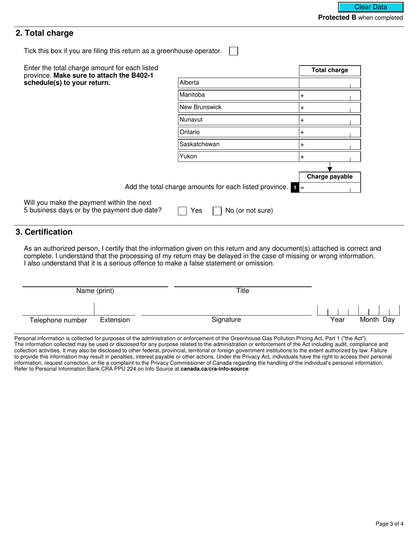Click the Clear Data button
pyautogui.click(x=370, y=7)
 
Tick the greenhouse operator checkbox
pyautogui.click(x=234, y=51)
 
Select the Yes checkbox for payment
pyautogui.click(x=182, y=211)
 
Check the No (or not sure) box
pyautogui.click(x=217, y=211)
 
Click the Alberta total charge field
pyautogui.click(x=330, y=83)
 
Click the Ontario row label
pyautogui.click(x=190, y=132)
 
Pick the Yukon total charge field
pyautogui.click(x=330, y=157)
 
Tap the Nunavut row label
pyautogui.click(x=191, y=120)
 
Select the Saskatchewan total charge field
pyautogui.click(x=330, y=144)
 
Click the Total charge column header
pyautogui.click(x=330, y=70)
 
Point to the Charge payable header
pyautogui.click(x=330, y=177)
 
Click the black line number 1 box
pyautogui.click(x=295, y=188)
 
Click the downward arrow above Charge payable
pyautogui.click(x=330, y=169)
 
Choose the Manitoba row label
pyautogui.click(x=192, y=95)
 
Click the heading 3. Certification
pyautogui.click(x=44, y=232)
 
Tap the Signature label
pyautogui.click(x=226, y=320)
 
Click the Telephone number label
pyautogui.click(x=58, y=320)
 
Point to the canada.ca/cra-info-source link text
pyautogui.click(x=215, y=369)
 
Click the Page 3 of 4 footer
pyautogui.click(x=389, y=523)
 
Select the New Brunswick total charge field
pyautogui.click(x=330, y=107)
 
